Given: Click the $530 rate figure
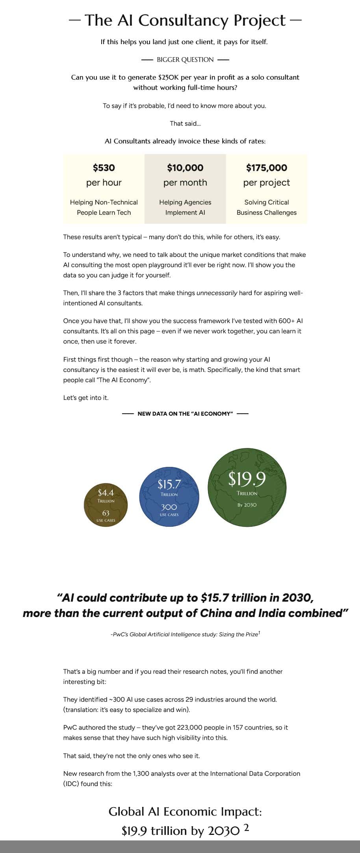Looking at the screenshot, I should (x=104, y=168).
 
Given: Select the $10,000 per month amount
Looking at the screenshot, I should (x=185, y=168).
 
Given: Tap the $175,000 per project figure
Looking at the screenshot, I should (x=267, y=168).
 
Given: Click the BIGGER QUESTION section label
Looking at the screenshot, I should (x=185, y=60).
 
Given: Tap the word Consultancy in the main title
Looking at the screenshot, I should (x=183, y=20).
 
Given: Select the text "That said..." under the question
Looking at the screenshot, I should (x=185, y=124).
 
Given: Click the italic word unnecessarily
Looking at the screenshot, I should (x=217, y=293).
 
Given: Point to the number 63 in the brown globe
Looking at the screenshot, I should (x=106, y=513).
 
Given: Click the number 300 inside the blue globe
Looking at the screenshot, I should (x=169, y=507).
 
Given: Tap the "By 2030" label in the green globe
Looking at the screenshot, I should (x=247, y=505).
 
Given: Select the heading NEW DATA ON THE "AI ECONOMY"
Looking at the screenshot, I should (x=185, y=414).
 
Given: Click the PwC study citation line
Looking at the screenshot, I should (x=185, y=634).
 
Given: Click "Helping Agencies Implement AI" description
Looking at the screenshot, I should (x=185, y=207).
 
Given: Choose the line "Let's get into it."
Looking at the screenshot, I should (x=86, y=398).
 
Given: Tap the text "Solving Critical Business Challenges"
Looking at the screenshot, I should (x=267, y=207).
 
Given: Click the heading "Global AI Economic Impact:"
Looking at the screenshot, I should (x=185, y=812).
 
